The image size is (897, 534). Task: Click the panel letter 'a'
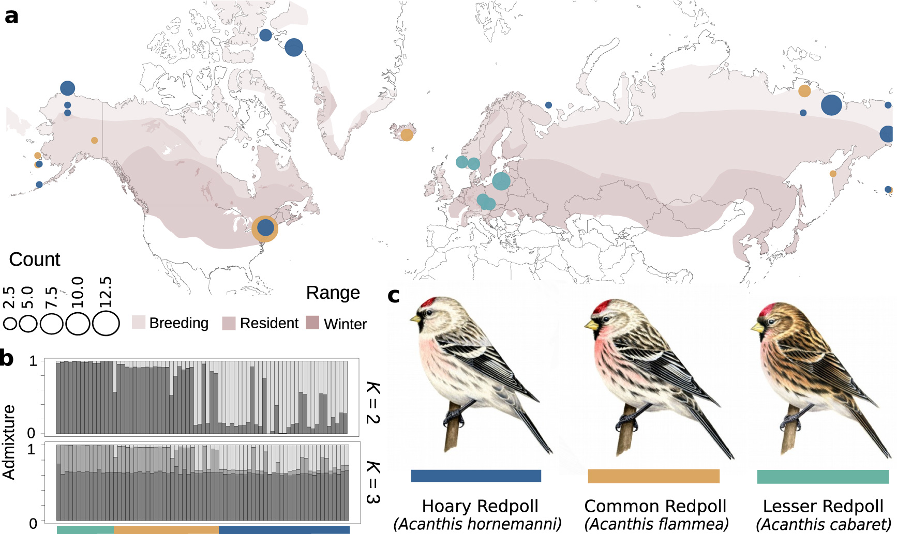(x=11, y=16)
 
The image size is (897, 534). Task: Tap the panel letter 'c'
(x=393, y=295)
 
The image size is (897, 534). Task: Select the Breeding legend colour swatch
(x=139, y=323)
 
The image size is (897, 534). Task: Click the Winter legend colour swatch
(x=312, y=323)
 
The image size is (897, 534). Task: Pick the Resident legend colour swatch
(x=229, y=323)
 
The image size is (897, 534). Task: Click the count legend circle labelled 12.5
(x=106, y=324)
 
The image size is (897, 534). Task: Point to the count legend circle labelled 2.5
(x=10, y=324)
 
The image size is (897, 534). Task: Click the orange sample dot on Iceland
(x=407, y=135)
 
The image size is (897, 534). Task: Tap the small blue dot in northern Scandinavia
(x=548, y=105)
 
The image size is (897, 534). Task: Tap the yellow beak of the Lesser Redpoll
(x=757, y=327)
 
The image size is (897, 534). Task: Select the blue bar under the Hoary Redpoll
(x=476, y=476)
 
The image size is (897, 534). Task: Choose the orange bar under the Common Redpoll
(x=653, y=476)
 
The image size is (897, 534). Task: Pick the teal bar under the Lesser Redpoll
(x=823, y=476)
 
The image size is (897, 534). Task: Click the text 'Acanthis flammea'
(x=656, y=524)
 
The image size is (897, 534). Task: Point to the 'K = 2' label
(x=373, y=403)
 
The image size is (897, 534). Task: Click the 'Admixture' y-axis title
(x=9, y=442)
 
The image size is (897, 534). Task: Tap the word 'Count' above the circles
(x=35, y=259)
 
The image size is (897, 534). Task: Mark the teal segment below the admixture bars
(x=85, y=530)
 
